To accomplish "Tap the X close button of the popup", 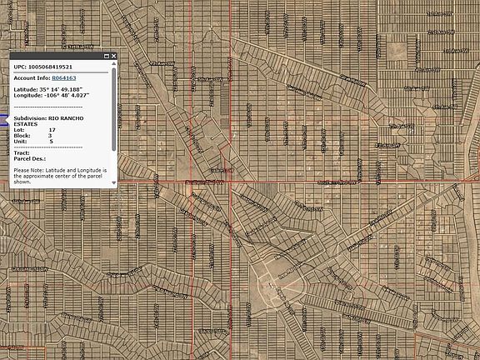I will point(114,56).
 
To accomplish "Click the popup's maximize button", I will point(106,56).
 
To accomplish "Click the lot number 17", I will point(52,130).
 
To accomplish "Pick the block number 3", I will point(50,136).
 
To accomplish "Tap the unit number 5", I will point(50,142).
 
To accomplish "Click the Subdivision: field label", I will point(30,118).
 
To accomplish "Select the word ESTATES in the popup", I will point(27,124).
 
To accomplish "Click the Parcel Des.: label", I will point(29,159).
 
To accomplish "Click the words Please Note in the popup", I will point(27,170).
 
